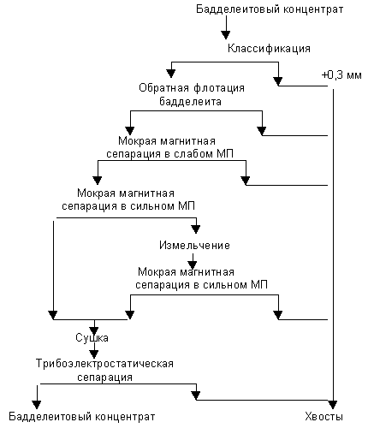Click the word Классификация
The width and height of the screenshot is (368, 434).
point(269,49)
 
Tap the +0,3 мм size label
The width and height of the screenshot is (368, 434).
point(341,75)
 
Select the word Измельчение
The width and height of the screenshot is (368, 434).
point(194,245)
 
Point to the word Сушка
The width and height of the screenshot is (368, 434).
point(92,338)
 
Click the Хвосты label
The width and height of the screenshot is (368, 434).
point(323,417)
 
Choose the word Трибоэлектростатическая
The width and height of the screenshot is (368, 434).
point(104,364)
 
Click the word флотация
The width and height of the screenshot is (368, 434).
point(218,88)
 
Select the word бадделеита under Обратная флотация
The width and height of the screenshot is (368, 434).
point(190,101)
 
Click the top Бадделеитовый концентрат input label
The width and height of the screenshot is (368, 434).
point(270,9)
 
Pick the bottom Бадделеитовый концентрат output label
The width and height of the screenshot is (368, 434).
point(82,417)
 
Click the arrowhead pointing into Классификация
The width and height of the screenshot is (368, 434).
point(226,35)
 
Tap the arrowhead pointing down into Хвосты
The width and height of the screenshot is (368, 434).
point(333,405)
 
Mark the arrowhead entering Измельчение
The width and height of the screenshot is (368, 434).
point(196,229)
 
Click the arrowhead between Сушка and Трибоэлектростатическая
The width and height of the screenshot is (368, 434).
point(94,354)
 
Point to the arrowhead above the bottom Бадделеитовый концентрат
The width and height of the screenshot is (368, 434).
point(37,405)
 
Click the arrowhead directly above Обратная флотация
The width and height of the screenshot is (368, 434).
point(171,74)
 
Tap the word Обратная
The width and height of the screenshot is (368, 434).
point(163,88)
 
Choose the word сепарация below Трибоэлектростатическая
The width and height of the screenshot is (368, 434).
point(104,378)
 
